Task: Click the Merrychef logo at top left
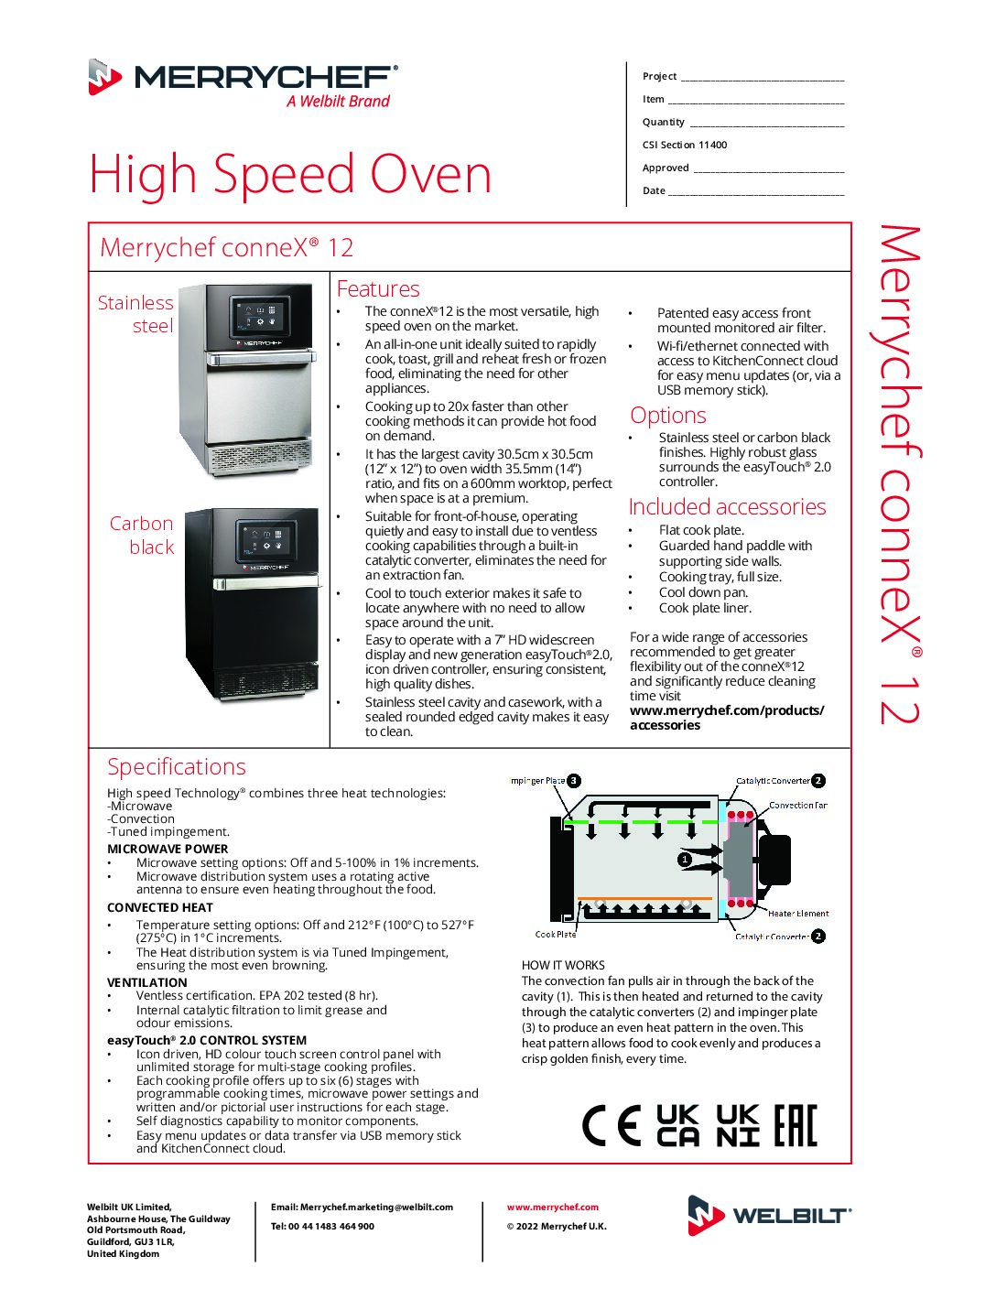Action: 243,82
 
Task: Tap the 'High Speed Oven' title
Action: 290,174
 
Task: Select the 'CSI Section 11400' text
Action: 685,145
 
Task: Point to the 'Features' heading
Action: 378,289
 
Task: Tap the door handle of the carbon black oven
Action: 266,583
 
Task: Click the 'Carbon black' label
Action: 142,535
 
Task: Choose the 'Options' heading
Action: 668,416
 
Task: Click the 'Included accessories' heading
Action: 727,507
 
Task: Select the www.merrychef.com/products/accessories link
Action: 726,718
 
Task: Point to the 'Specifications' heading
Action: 177,767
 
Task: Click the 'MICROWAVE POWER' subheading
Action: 168,849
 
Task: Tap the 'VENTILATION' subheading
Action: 147,982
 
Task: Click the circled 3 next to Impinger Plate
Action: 574,781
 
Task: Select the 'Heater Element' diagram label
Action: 798,914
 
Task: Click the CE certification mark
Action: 612,1126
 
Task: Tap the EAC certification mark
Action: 796,1126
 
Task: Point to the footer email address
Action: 362,1208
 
